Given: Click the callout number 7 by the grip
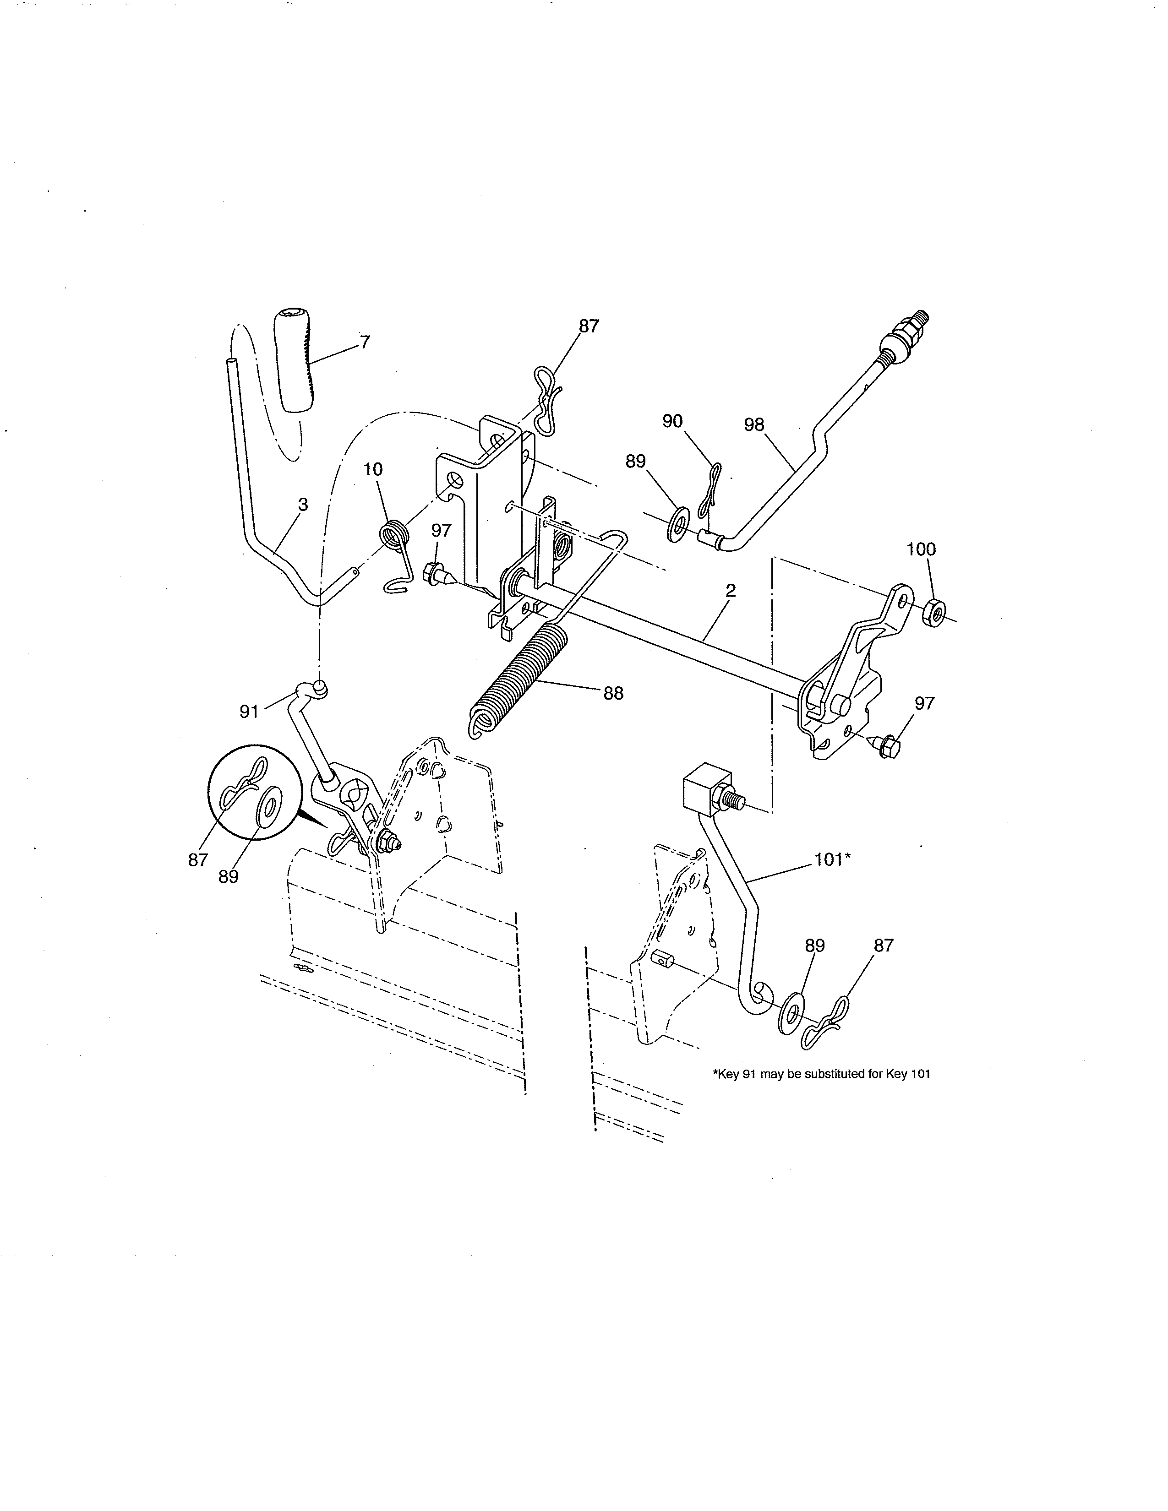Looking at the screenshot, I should click(x=365, y=342).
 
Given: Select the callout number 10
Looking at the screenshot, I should click(x=373, y=469).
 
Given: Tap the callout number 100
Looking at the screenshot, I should click(x=921, y=549).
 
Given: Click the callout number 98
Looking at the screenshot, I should click(x=754, y=424).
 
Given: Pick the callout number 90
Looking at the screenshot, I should click(x=672, y=421).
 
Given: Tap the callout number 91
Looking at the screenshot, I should click(x=249, y=711).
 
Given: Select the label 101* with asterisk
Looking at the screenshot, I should click(x=832, y=859).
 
